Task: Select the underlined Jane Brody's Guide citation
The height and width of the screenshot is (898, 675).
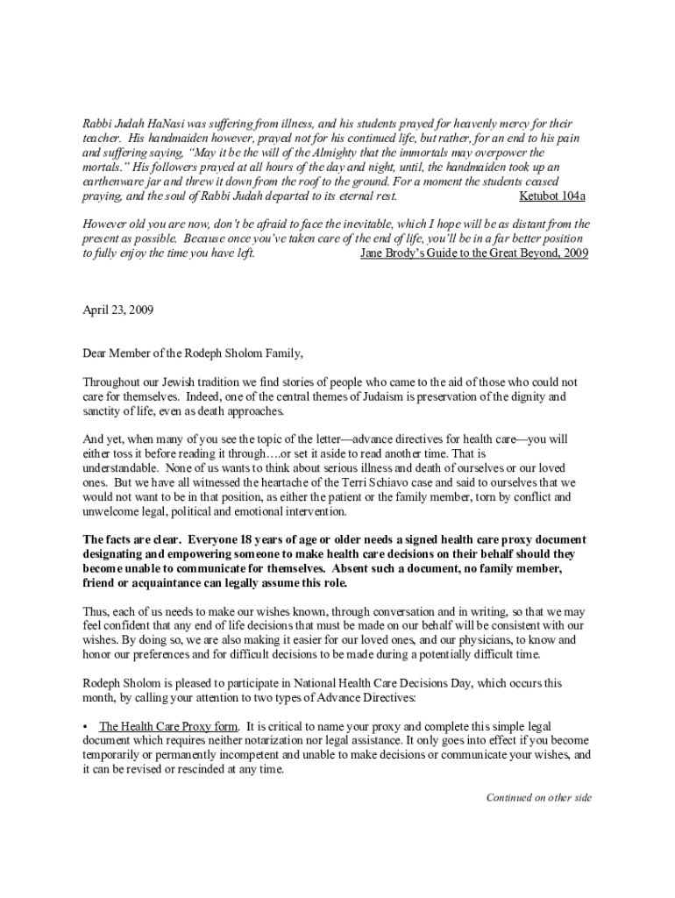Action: pos(474,253)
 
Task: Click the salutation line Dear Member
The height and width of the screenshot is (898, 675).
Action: pos(193,353)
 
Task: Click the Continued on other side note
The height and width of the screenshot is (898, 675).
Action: pos(539,797)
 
